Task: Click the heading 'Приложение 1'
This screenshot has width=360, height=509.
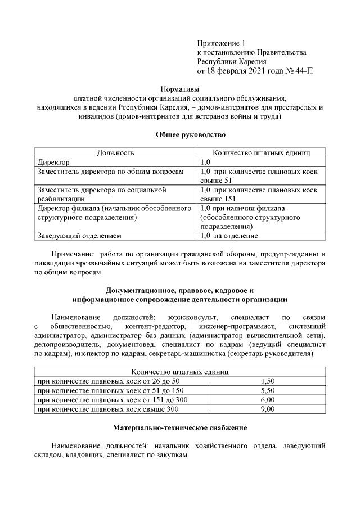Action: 222,43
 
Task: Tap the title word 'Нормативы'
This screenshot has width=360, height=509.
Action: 180,89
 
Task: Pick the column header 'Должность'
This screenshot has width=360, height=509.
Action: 115,152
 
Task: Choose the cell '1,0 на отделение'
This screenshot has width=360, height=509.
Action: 229,235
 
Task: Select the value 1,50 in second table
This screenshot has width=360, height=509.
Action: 268,381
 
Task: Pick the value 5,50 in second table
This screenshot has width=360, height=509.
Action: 268,390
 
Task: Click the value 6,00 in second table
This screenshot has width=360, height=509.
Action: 268,399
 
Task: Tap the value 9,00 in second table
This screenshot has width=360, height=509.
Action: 268,409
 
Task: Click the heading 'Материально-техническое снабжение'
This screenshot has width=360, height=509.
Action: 180,427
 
